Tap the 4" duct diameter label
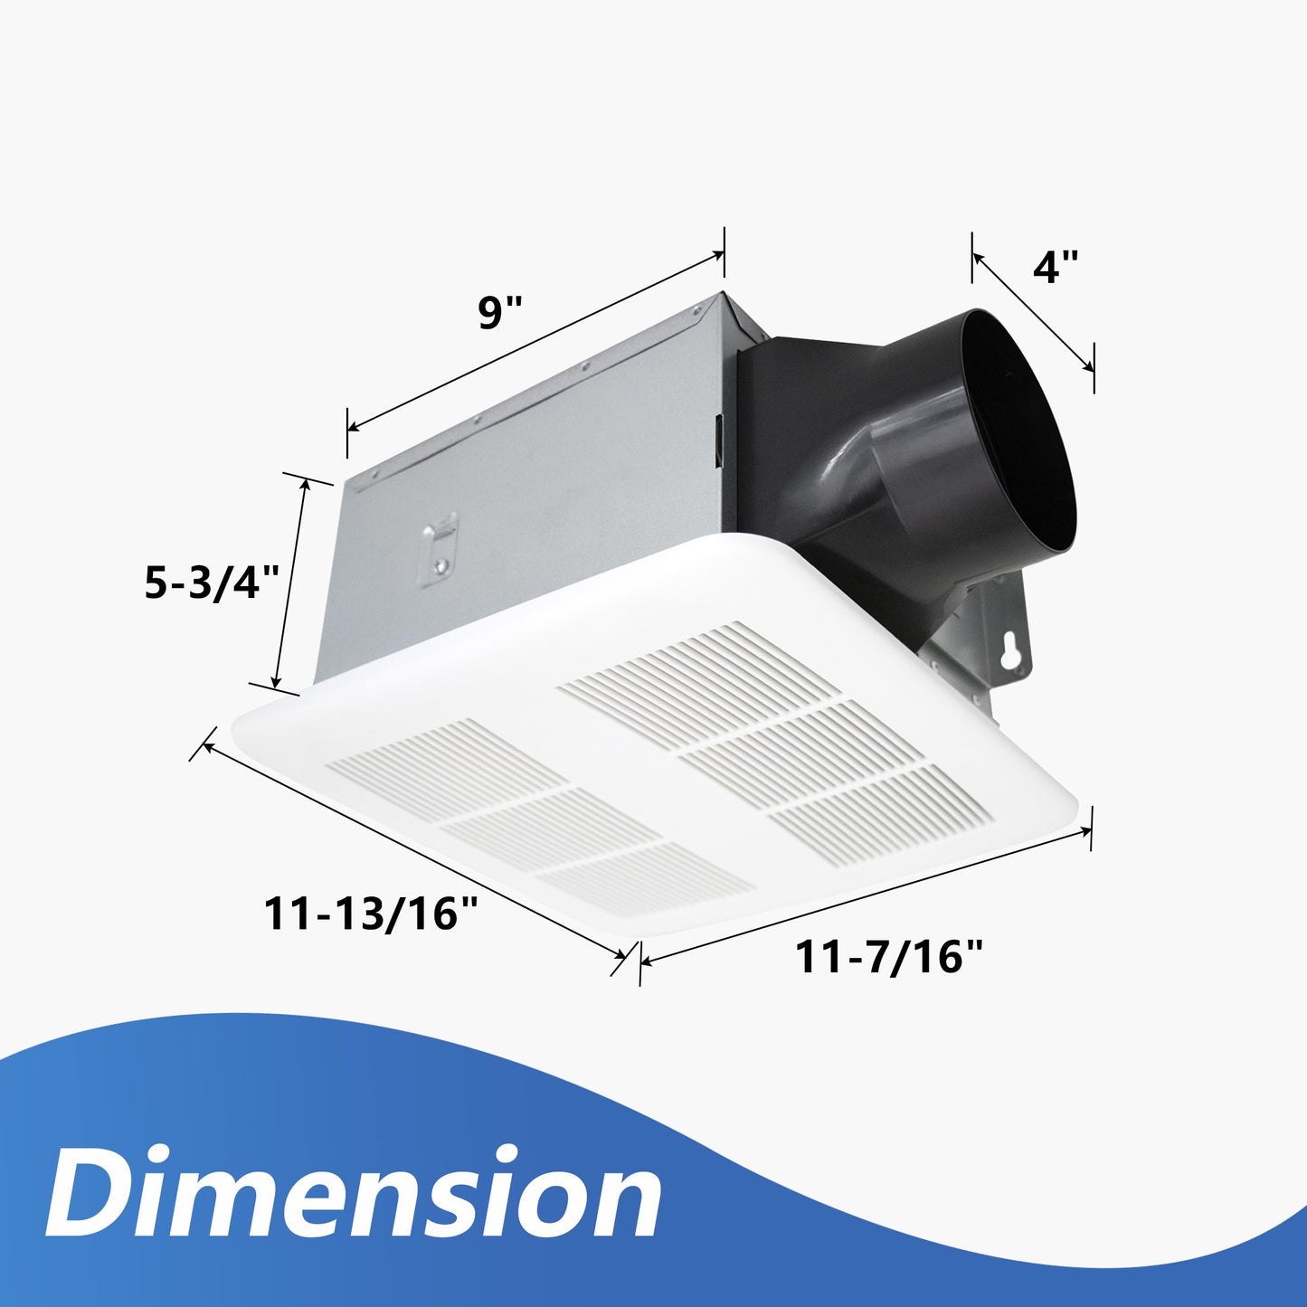1056,267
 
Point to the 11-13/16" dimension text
370,913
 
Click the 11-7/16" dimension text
888,957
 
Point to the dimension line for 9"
535,342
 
